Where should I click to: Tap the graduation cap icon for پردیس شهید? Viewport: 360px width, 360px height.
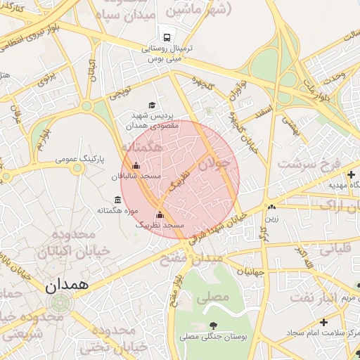[152, 104]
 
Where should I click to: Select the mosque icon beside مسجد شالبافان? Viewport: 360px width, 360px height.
[136, 166]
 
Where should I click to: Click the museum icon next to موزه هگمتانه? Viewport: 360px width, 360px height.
[117, 200]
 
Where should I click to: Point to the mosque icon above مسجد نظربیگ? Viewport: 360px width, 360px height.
[160, 215]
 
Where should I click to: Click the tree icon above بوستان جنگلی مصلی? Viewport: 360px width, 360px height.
[212, 326]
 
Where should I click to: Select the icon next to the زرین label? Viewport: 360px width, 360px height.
[271, 207]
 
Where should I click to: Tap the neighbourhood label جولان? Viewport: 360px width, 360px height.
[213, 165]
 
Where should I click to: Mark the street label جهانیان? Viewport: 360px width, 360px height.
[250, 271]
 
